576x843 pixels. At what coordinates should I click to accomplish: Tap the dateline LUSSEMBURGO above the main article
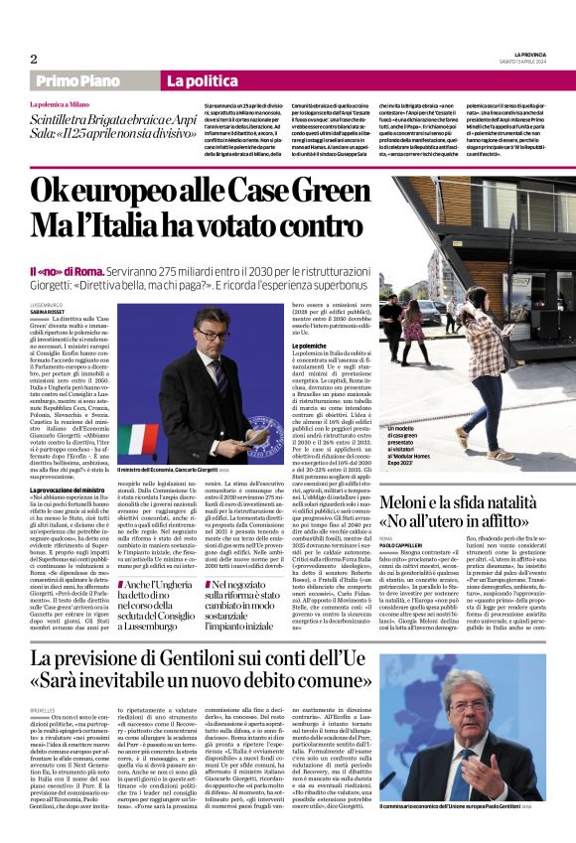tap(46, 304)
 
